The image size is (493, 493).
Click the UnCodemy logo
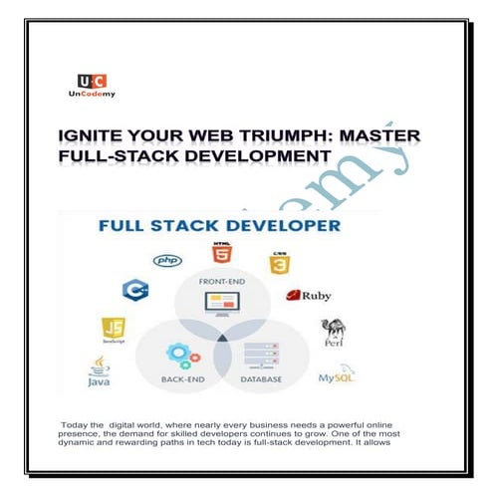pyautogui.click(x=93, y=85)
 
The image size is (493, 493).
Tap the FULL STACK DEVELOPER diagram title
pyautogui.click(x=219, y=227)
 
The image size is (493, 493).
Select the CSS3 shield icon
pyautogui.click(x=279, y=264)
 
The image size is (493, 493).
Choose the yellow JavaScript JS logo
pyautogui.click(x=114, y=330)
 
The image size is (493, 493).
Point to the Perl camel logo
pyautogui.click(x=333, y=333)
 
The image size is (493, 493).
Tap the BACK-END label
pyautogui.click(x=183, y=378)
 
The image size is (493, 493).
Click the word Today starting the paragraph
pyautogui.click(x=76, y=424)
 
